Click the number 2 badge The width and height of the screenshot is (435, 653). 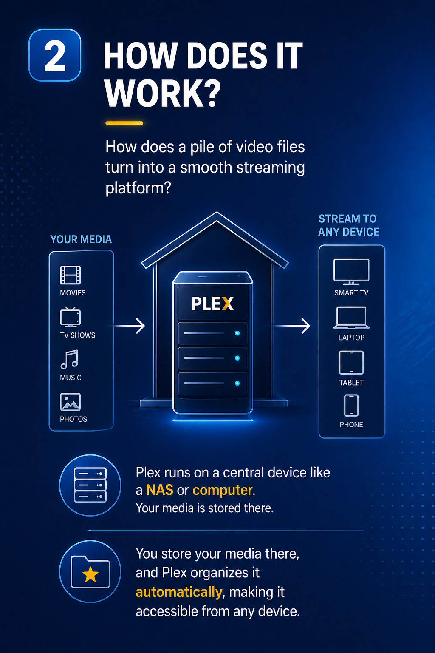(55, 55)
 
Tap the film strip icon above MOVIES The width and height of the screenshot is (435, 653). (70, 275)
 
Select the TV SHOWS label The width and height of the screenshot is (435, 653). (77, 335)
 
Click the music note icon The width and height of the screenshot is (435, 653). (69, 359)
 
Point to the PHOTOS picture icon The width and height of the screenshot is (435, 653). (70, 402)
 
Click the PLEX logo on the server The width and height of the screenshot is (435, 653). (213, 304)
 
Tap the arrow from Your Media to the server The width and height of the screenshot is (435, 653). (129, 326)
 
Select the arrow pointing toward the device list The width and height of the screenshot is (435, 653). (292, 326)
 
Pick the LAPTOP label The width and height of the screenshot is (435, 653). (351, 338)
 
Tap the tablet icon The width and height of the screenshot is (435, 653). (351, 362)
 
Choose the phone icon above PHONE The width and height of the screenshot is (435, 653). (351, 405)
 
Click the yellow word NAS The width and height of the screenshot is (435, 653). (160, 490)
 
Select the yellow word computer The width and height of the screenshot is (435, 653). (222, 490)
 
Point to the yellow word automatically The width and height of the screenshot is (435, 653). (179, 592)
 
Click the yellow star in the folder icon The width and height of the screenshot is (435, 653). (90, 574)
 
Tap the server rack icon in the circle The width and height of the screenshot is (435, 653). (90, 485)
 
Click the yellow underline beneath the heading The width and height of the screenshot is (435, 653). (124, 123)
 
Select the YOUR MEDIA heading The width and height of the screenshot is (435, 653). (81, 239)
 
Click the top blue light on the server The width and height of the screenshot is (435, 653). (237, 333)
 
